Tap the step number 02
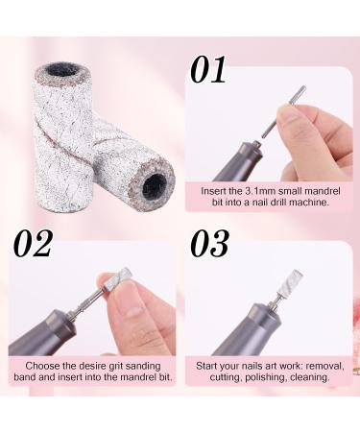click(33, 245)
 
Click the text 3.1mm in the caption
click(261, 190)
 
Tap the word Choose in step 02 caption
click(36, 366)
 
